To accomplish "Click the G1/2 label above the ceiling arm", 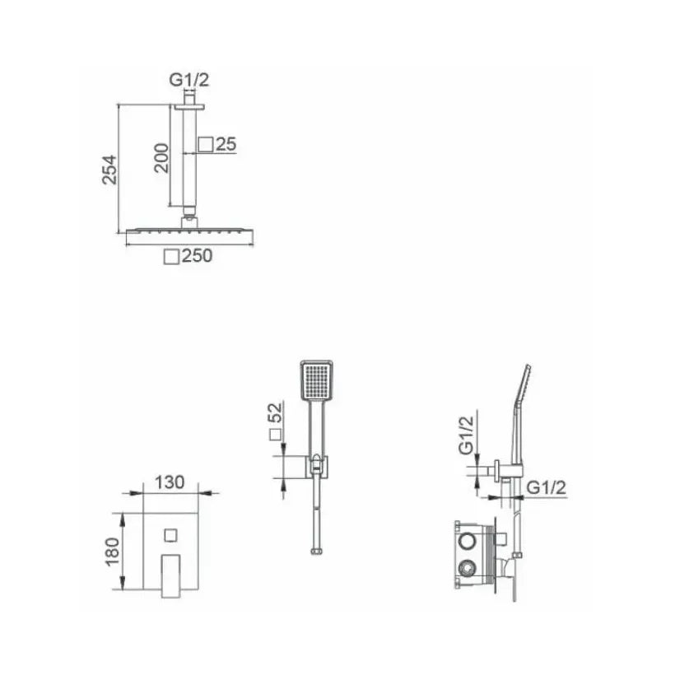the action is point(189,80).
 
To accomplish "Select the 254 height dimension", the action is point(109,170).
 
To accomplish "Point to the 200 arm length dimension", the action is point(161,158).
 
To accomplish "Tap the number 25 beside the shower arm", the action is point(226,144).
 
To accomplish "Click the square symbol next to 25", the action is point(206,144).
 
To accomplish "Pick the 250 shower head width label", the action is point(198,256).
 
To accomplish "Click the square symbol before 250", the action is point(171,257).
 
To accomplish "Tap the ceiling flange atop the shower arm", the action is point(189,106).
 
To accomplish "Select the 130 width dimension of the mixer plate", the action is point(170,482).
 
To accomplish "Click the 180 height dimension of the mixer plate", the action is point(112,552).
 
